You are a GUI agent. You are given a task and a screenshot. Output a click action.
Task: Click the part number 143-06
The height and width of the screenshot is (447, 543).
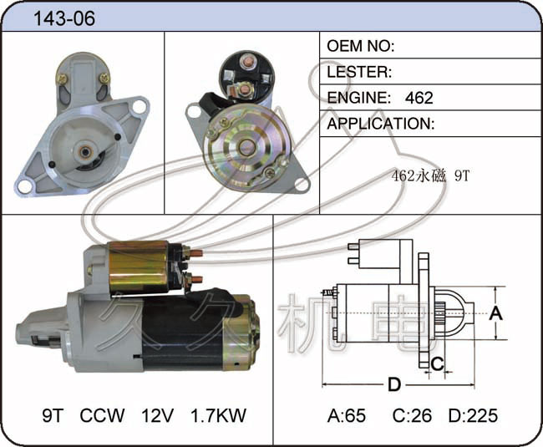click(64, 18)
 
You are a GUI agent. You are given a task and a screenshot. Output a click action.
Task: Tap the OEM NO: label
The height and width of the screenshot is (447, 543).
click(361, 46)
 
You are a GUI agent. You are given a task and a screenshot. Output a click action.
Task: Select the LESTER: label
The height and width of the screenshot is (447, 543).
click(359, 72)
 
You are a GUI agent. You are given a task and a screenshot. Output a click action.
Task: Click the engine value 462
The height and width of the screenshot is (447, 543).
click(419, 98)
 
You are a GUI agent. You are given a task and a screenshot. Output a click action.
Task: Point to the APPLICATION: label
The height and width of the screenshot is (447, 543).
click(381, 124)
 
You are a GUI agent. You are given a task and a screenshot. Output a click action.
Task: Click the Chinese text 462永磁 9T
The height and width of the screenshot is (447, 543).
click(430, 176)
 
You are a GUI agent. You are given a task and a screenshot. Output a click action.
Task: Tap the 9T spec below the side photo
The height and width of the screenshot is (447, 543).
click(53, 415)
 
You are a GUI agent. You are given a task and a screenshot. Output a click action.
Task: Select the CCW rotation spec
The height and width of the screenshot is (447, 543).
click(102, 415)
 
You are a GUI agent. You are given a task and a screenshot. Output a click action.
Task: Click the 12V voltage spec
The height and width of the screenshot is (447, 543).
click(157, 415)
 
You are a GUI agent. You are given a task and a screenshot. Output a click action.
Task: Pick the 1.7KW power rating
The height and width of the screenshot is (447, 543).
click(219, 415)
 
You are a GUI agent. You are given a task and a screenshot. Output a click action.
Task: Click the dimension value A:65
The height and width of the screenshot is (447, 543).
click(347, 415)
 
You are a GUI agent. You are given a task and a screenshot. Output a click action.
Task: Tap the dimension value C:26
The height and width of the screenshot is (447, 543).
click(412, 415)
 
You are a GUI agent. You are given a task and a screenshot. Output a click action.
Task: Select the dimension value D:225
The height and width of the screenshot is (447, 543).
click(473, 415)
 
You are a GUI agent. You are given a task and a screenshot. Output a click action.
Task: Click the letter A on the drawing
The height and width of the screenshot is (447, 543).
click(496, 313)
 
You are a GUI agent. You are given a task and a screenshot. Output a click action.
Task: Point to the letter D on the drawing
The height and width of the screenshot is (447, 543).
click(394, 384)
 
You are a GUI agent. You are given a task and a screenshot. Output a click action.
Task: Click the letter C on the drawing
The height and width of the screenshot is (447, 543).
click(438, 363)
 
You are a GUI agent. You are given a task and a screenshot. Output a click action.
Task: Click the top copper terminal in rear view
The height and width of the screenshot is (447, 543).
click(247, 62)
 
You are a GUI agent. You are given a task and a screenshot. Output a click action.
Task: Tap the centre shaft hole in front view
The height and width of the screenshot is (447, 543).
click(85, 152)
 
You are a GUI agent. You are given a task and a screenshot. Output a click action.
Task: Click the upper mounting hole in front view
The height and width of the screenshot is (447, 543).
click(140, 106)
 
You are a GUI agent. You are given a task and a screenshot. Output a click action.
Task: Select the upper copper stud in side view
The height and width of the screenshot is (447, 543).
click(197, 253)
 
